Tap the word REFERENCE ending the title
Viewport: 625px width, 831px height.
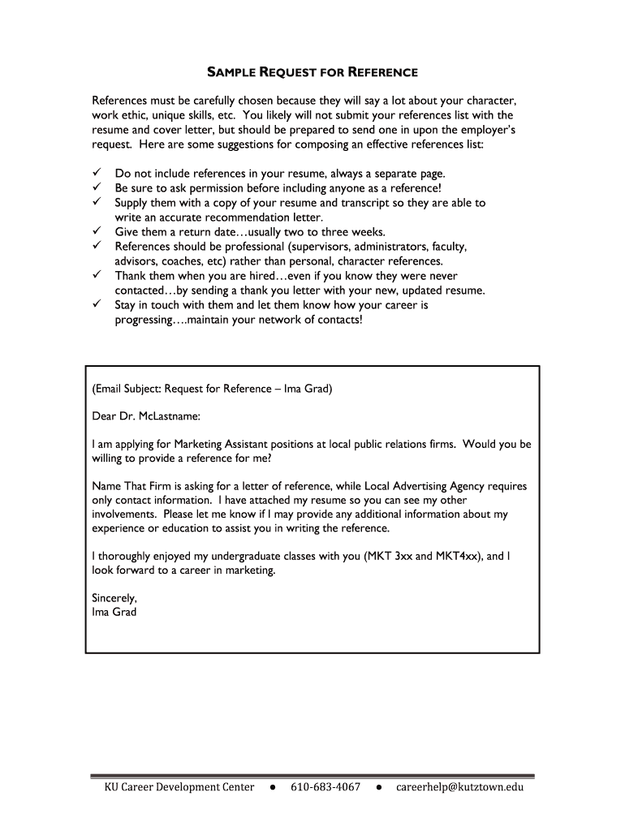click(x=382, y=73)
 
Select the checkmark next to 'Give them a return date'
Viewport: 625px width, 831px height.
click(x=96, y=232)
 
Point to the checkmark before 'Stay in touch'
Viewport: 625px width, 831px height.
click(x=96, y=305)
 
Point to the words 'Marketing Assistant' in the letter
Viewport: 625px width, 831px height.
click(x=222, y=444)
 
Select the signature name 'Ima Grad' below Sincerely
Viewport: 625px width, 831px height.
click(x=114, y=612)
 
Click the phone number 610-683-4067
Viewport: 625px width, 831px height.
click(x=325, y=787)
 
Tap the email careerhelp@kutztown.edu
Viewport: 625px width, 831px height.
click(x=460, y=787)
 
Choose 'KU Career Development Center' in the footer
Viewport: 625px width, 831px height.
click(x=179, y=787)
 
